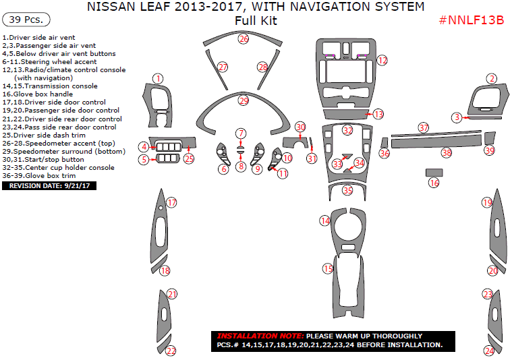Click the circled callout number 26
244,39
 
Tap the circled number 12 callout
382,61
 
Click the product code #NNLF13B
472,20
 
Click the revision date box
49,185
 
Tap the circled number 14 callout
325,220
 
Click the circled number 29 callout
244,100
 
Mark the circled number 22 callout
171,351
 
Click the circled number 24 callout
489,351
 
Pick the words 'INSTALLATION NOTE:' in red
259,336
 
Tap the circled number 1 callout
157,79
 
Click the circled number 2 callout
492,79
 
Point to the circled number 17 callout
171,202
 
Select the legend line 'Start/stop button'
43,159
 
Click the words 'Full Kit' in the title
256,20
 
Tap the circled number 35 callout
347,191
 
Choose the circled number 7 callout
241,133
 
